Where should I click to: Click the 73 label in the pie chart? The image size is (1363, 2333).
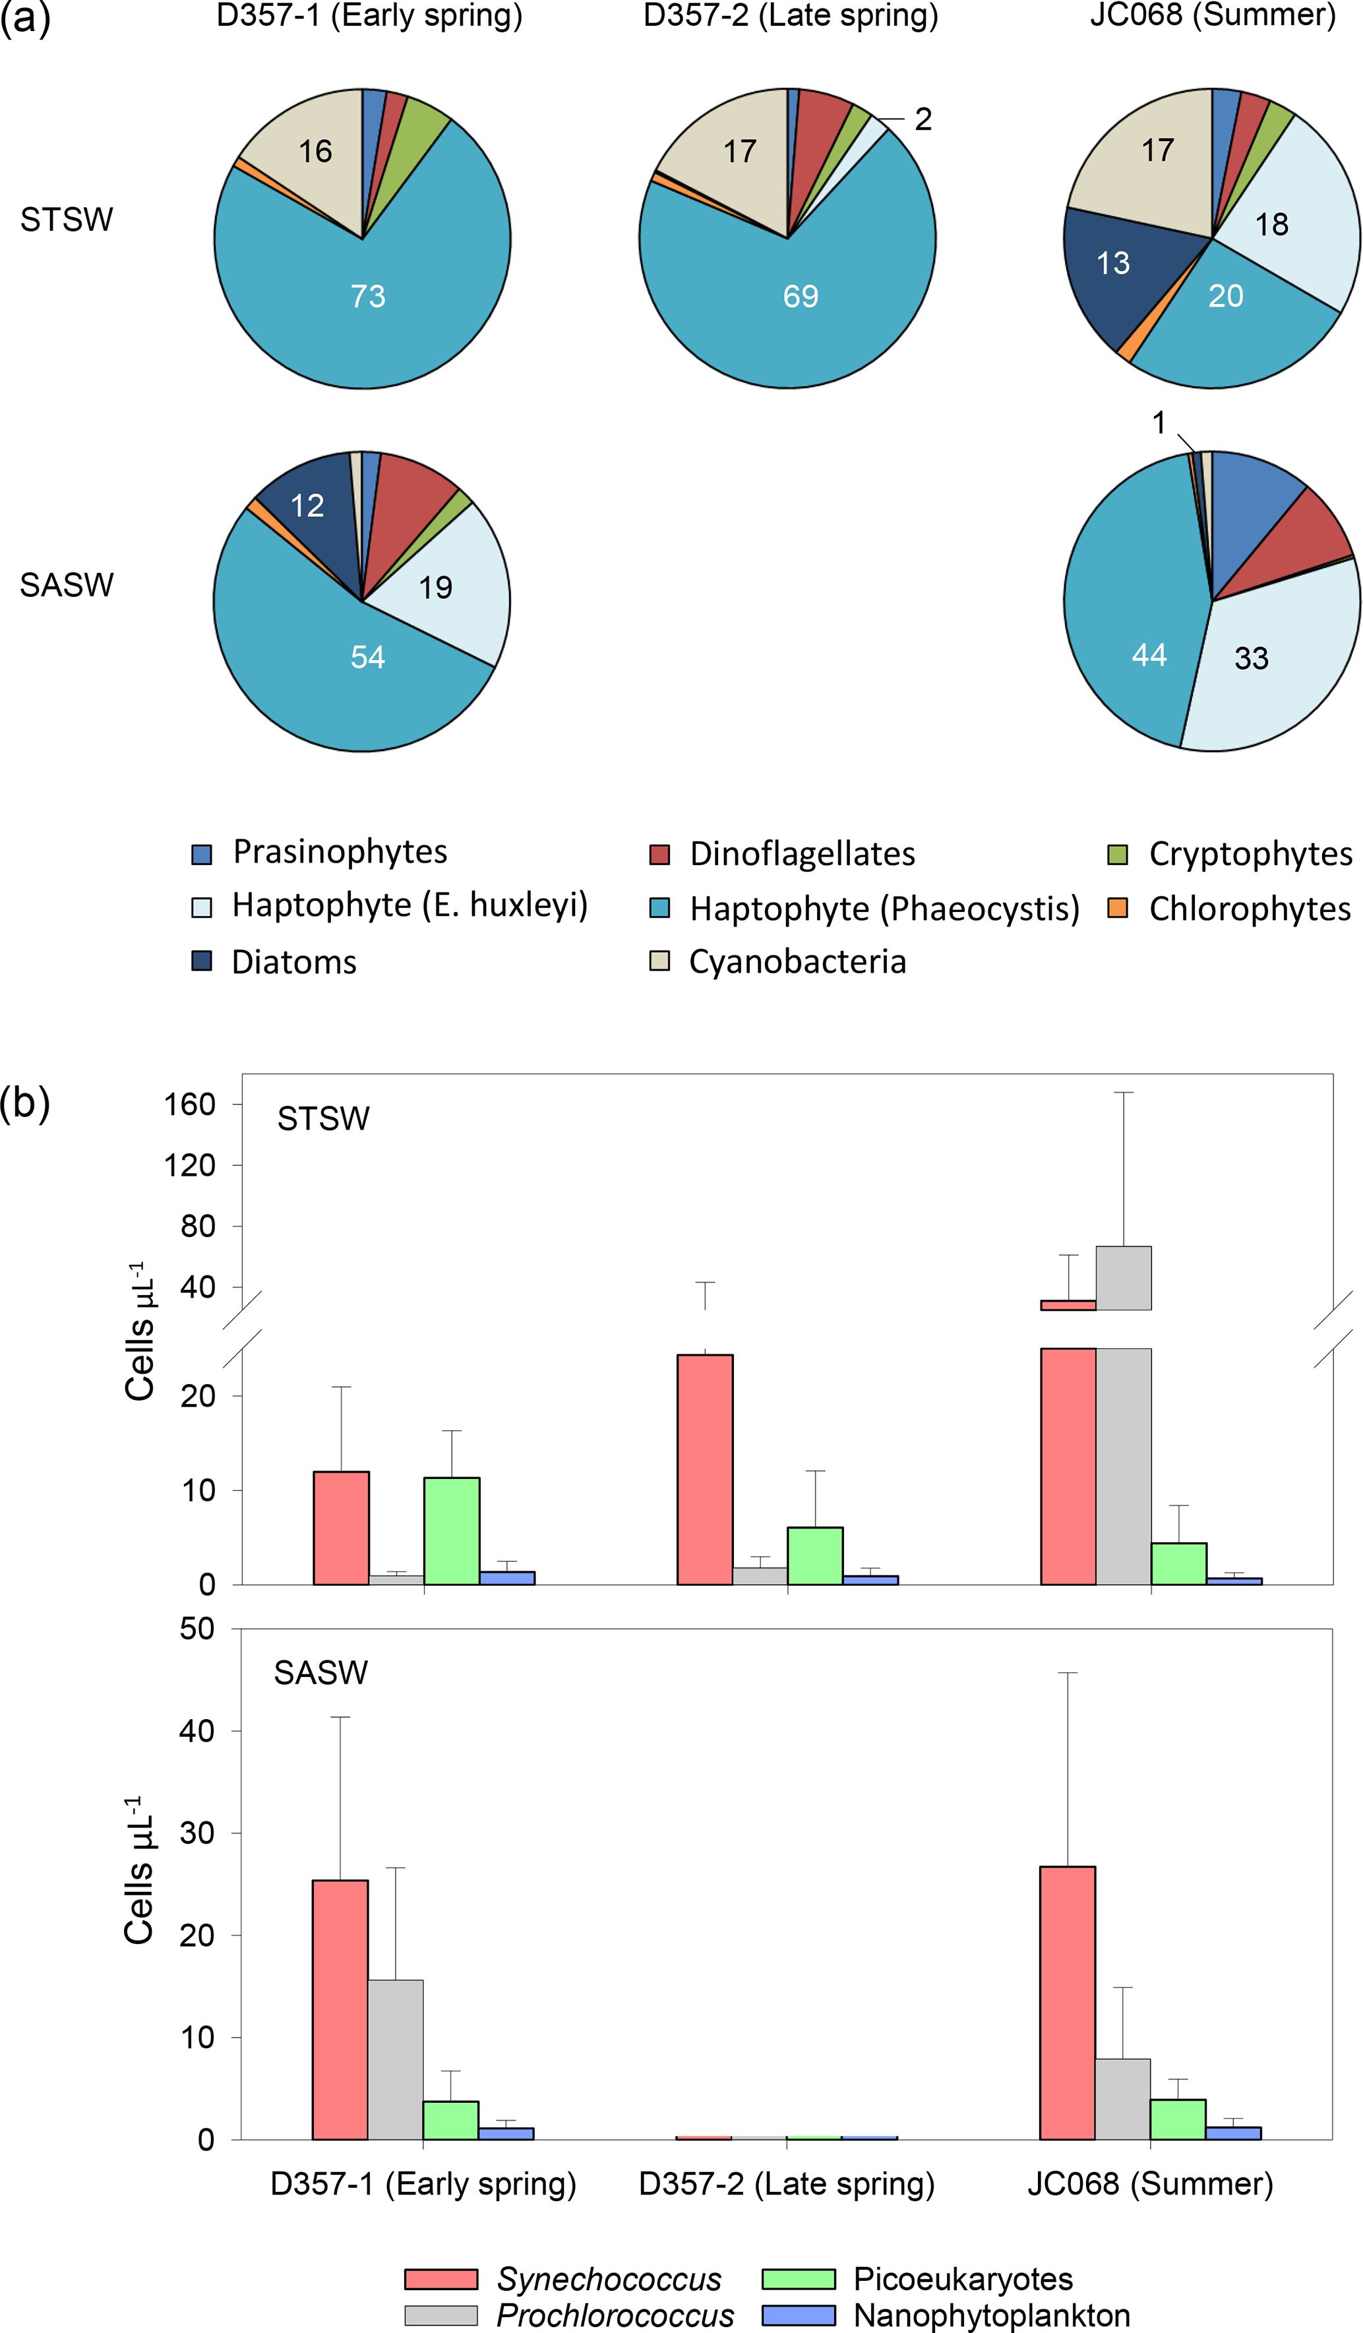click(367, 296)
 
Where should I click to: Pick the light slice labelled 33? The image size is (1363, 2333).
click(1251, 658)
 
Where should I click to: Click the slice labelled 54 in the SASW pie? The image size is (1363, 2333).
click(367, 657)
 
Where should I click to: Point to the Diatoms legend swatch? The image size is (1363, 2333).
click(201, 961)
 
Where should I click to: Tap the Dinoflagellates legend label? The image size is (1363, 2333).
click(802, 853)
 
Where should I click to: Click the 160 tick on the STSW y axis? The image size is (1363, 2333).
click(190, 1104)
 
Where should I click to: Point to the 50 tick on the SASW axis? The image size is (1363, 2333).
click(197, 1629)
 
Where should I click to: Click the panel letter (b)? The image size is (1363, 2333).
click(25, 1103)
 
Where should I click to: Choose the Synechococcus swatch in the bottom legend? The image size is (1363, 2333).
click(440, 2278)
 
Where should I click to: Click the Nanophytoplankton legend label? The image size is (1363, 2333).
click(992, 2315)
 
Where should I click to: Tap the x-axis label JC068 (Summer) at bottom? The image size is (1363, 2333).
click(1150, 2184)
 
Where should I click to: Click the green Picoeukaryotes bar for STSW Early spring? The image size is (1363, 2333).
click(452, 1531)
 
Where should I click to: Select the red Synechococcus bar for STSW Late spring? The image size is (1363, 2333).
click(705, 1470)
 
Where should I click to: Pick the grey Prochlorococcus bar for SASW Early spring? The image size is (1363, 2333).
click(396, 2060)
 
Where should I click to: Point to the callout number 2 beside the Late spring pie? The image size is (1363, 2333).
click(923, 119)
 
